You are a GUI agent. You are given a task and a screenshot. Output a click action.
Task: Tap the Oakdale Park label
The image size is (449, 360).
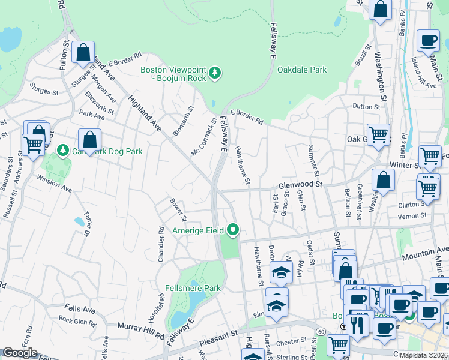[x=302, y=70]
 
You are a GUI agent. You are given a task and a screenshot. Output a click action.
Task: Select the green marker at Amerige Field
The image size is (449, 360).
[x=233, y=230]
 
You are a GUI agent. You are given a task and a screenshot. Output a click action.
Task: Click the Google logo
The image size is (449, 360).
[x=20, y=353]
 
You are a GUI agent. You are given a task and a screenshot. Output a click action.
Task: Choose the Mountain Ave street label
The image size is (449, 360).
[x=424, y=250]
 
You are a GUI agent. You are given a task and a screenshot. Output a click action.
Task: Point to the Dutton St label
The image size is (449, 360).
[x=367, y=107]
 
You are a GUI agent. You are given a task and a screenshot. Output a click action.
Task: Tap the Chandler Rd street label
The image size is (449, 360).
[x=161, y=244]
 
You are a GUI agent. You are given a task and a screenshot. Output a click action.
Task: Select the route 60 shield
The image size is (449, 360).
[x=322, y=331]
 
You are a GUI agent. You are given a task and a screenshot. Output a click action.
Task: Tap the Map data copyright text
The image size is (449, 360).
[x=424, y=355]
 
